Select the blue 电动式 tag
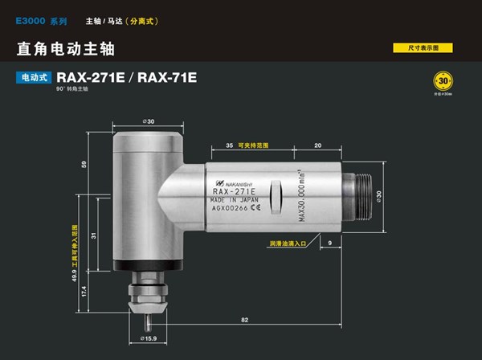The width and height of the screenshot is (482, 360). [34, 78]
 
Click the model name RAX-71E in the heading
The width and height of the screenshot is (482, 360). [167, 78]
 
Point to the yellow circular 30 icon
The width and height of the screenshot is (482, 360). [443, 82]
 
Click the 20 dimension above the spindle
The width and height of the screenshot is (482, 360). [318, 145]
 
